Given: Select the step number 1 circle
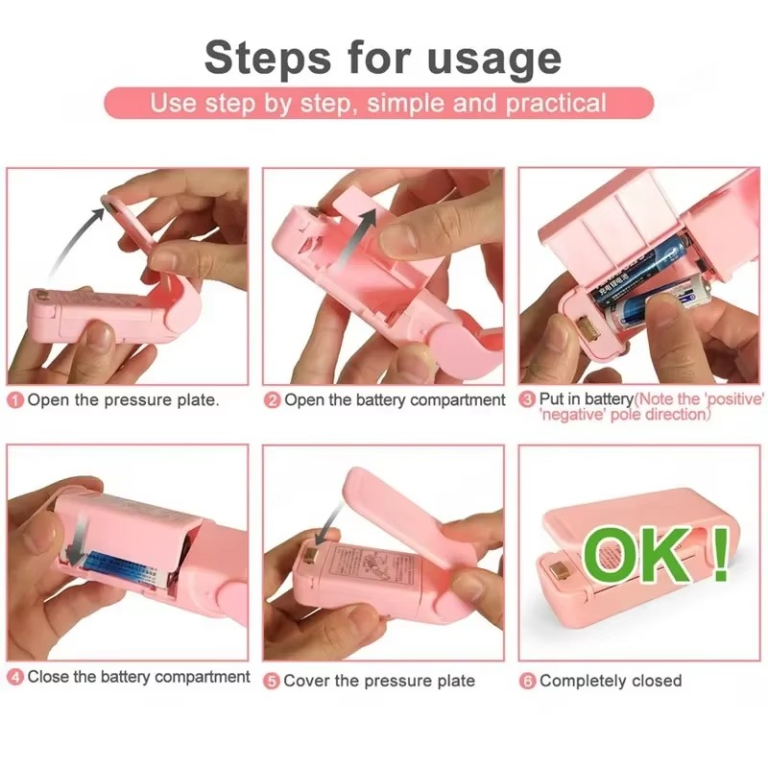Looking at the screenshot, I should pos(15,400).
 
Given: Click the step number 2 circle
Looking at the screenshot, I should pos(273,400).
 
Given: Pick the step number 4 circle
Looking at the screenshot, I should pos(15,678).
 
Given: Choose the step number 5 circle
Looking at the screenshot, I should pos(273,681).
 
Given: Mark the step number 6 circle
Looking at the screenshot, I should pos(527,681).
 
